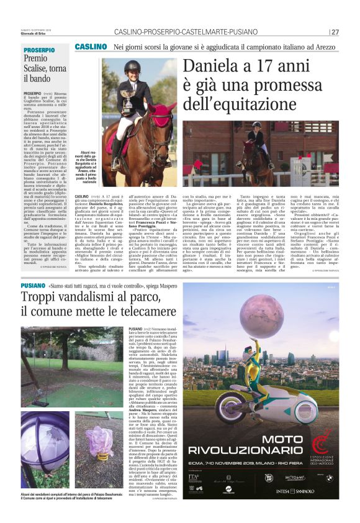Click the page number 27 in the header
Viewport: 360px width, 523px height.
point(335,32)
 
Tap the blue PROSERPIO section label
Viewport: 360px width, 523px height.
point(39,50)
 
